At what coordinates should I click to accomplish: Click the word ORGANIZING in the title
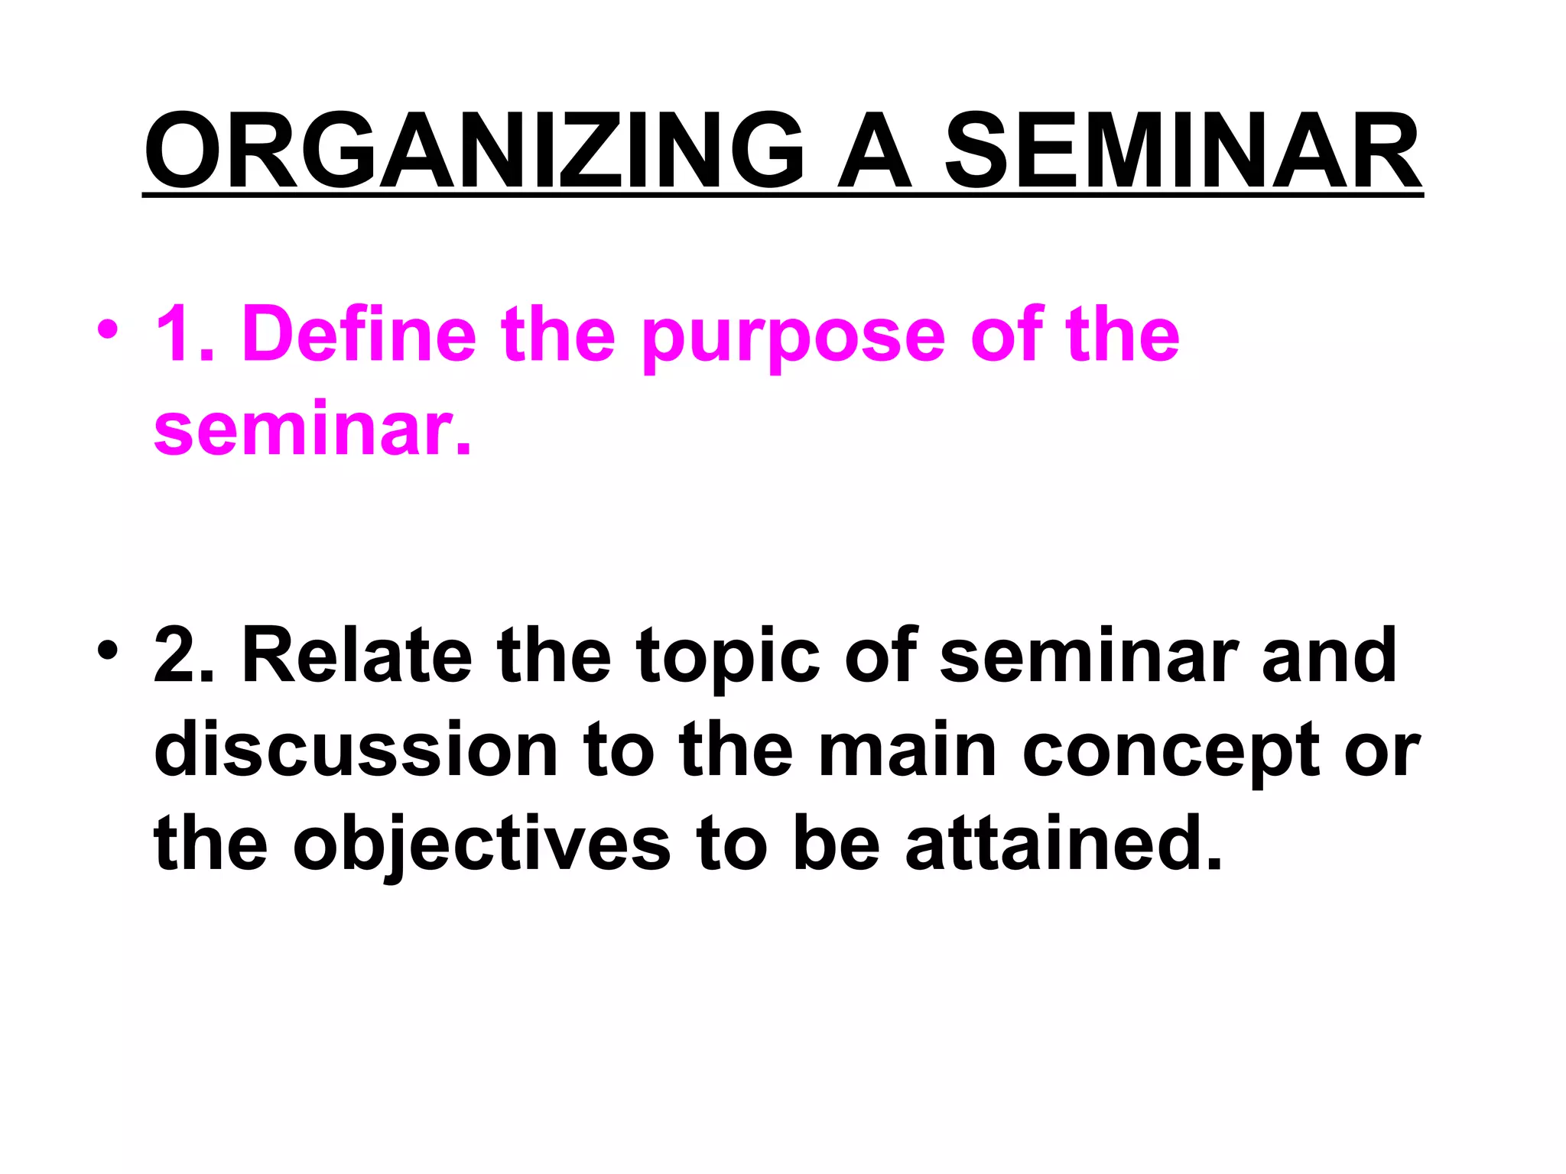point(474,151)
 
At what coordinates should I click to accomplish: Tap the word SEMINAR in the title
point(1183,151)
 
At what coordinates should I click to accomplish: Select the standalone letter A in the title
point(875,151)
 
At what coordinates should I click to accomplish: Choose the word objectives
point(481,847)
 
